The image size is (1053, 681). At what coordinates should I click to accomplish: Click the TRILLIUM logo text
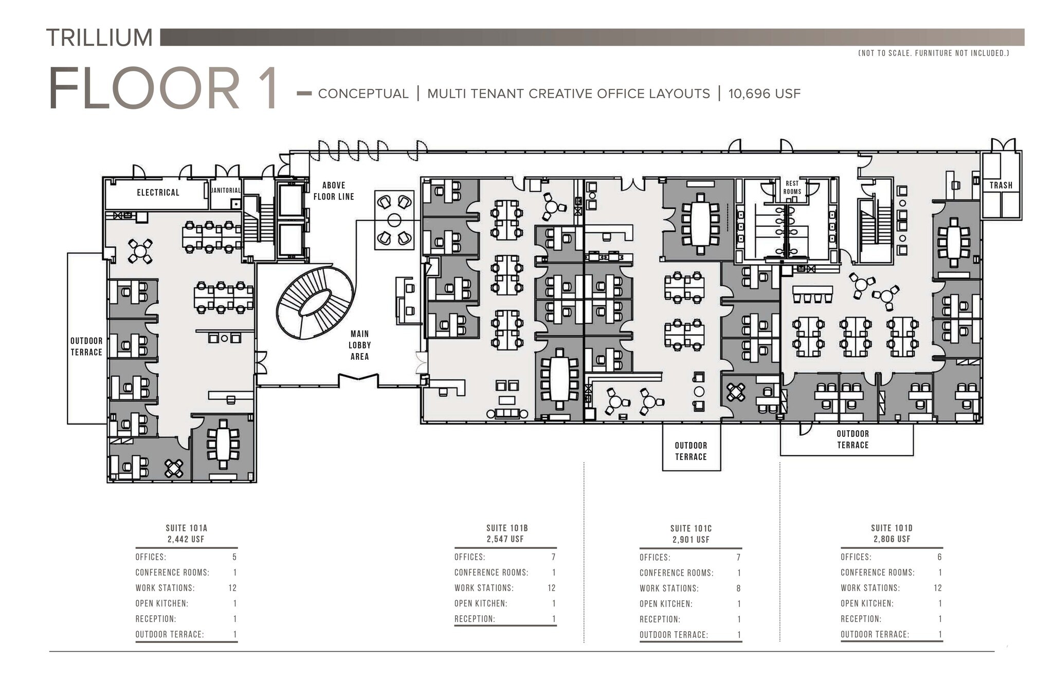point(99,38)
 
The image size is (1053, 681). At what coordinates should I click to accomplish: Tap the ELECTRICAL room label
point(158,192)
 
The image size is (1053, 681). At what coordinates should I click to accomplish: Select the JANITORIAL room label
point(226,190)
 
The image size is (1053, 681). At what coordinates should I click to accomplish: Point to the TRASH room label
point(1001,185)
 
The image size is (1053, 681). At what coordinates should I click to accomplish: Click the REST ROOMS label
point(792,187)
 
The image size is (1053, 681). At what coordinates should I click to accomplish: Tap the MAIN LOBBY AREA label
point(359,345)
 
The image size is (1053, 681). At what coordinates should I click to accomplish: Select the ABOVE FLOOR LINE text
point(334,191)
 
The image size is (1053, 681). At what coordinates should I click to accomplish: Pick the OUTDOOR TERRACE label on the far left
point(86,346)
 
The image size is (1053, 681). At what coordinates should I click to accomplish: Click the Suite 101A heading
point(186,528)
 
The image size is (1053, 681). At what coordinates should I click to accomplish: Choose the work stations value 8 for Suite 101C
point(738,588)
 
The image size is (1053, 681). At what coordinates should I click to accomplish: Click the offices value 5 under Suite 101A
point(234,557)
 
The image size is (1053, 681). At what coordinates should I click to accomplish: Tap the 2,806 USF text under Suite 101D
point(892,539)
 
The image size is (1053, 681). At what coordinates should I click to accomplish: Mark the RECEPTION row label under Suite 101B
point(475,619)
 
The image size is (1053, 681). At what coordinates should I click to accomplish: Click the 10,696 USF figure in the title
point(764,94)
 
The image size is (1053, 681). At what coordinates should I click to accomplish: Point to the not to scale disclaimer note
point(933,53)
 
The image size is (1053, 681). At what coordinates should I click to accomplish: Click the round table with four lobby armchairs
point(394,220)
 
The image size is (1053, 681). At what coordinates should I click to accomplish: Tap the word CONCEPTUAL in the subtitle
point(363,94)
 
